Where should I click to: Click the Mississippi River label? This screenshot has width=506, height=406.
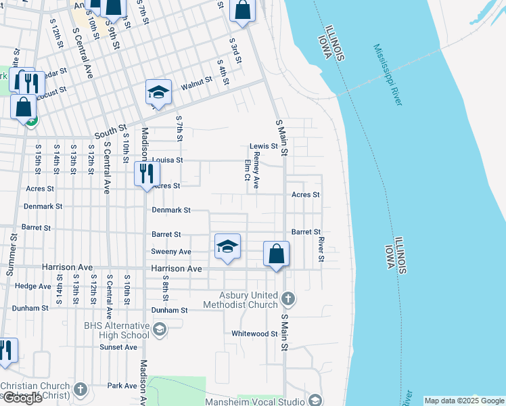point(388,75)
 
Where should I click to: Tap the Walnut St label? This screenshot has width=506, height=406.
point(197,83)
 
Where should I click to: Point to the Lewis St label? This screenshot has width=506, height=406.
point(264,146)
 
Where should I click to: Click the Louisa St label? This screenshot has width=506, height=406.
point(167,160)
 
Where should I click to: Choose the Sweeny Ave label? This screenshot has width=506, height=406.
point(171,252)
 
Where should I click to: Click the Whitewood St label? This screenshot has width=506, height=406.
point(254,334)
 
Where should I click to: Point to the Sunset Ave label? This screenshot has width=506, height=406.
point(118,347)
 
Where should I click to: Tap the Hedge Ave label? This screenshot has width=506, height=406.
point(32,286)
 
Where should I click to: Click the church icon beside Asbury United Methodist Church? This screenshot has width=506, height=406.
point(287,298)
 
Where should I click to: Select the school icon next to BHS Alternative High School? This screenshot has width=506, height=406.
point(160,330)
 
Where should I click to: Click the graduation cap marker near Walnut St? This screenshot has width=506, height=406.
point(158,92)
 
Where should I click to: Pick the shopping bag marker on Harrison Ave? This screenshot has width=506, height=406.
point(276,254)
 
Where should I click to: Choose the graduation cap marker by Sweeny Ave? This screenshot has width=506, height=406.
point(228,246)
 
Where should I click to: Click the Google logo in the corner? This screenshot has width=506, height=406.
point(22,398)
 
